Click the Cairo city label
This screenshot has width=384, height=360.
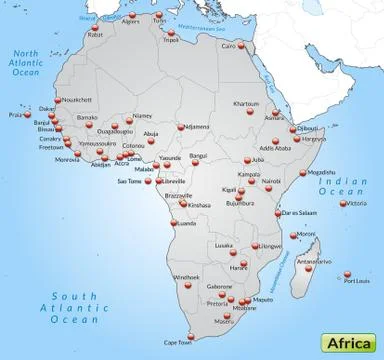229,45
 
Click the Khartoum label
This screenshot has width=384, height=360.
246,104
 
